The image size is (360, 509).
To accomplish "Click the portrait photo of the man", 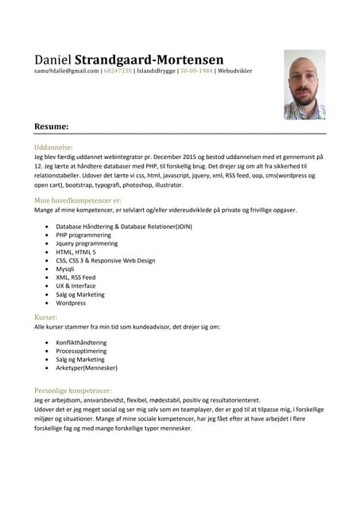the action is [304, 84].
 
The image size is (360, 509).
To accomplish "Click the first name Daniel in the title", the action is [52, 60].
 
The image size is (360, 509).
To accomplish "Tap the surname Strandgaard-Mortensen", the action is [149, 60].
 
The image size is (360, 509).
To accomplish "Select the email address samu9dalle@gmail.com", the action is [66, 72].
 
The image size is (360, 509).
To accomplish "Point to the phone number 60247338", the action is [118, 72].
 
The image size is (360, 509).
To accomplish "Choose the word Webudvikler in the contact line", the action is [235, 72].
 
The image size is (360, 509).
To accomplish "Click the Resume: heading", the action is [51, 126].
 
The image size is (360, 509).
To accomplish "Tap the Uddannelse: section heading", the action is [53, 147].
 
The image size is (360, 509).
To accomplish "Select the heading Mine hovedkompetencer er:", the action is [77, 200].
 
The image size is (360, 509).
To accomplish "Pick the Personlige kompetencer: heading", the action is [72, 390].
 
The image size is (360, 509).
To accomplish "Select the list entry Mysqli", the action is [66, 269].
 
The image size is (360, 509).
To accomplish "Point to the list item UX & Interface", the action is [75, 286].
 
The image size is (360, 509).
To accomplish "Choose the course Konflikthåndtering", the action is [81, 342].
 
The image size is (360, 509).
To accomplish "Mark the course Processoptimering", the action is [81, 351].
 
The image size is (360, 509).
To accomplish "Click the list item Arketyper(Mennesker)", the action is [87, 368].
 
